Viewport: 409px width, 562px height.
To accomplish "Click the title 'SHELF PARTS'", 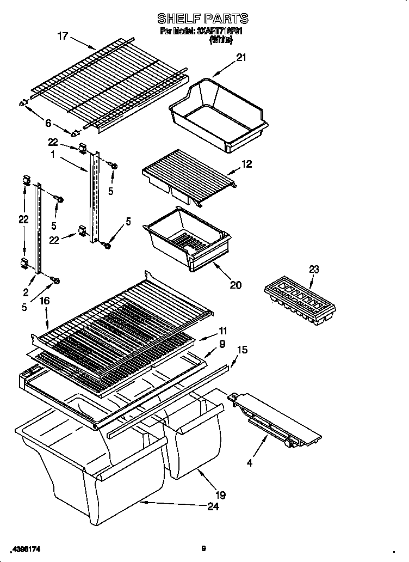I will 203,19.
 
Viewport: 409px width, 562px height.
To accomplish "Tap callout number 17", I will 63,36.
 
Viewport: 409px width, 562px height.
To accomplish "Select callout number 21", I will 241,58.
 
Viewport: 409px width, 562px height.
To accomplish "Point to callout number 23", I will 314,269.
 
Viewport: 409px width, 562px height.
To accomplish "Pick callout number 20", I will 236,284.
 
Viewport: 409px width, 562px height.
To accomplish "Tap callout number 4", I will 250,463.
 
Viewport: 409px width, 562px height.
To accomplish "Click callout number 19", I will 220,495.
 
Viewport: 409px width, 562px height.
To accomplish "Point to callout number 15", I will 243,350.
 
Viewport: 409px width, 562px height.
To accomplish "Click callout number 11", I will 224,331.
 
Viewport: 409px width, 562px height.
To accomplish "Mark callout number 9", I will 222,344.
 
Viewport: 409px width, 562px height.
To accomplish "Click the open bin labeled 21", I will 218,112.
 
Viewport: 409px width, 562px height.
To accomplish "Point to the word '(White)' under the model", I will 221,40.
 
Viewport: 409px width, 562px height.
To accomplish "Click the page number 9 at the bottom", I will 203,548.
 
